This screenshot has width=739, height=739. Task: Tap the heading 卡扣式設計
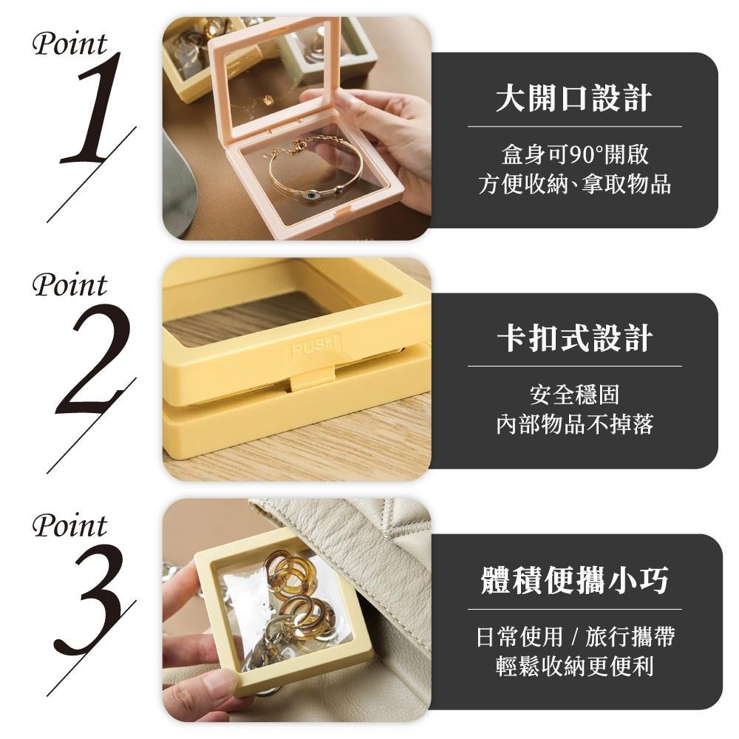574,338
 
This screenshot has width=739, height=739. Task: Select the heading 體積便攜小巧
574,581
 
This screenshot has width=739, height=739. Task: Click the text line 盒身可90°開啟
574,155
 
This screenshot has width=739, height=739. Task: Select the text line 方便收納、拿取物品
574,184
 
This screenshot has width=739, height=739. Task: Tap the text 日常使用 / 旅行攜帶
574,636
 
